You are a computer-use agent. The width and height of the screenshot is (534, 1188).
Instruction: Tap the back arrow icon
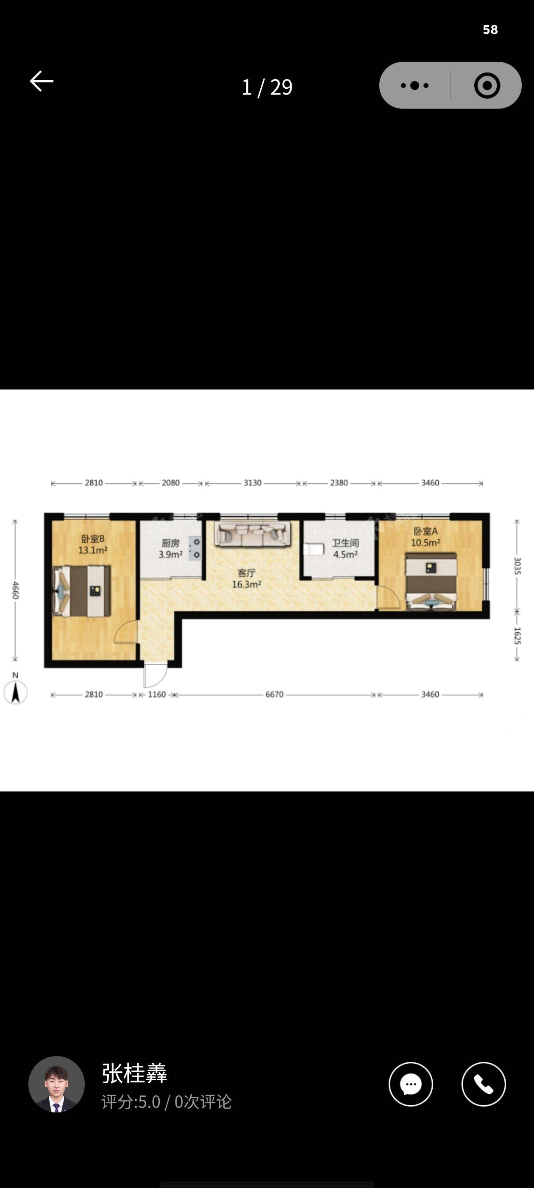[42, 81]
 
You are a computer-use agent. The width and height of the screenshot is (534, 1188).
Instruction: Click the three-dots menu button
[414, 85]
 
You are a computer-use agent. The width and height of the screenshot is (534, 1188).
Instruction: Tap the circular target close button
[487, 85]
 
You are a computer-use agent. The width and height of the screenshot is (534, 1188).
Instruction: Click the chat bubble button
[411, 1084]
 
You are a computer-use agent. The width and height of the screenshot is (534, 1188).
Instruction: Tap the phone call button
[483, 1084]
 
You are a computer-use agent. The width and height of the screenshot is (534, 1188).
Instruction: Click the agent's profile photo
[57, 1084]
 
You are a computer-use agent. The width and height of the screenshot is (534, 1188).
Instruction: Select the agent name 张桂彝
[134, 1073]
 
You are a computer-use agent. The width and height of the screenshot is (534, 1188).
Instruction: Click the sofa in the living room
[253, 534]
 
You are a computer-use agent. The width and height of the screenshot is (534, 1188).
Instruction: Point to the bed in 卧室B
[81, 591]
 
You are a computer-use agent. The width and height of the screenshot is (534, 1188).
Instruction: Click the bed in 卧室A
[431, 582]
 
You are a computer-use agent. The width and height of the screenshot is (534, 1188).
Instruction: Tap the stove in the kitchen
[195, 548]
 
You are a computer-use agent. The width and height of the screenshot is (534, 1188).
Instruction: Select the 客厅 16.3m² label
[247, 579]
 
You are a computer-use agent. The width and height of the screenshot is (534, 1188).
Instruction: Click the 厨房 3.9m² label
[170, 549]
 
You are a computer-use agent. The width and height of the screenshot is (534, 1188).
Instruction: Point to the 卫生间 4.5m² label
[345, 549]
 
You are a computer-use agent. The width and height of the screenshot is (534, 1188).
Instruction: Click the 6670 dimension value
[274, 695]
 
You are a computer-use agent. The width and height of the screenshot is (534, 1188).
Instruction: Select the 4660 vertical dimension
[15, 590]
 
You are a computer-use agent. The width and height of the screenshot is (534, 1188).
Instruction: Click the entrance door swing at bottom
[155, 675]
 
